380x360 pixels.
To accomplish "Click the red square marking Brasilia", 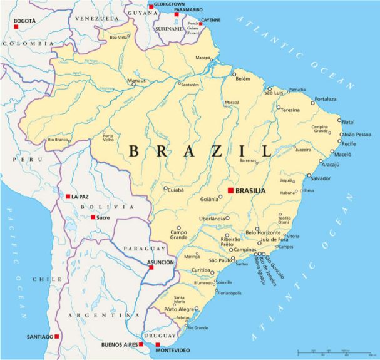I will (x=230, y=190).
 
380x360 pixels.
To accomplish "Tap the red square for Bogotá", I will (x=16, y=27).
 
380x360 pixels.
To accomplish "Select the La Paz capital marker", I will (x=68, y=197).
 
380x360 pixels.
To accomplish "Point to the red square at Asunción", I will (x=151, y=268).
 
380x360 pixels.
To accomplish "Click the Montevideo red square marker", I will (x=158, y=344).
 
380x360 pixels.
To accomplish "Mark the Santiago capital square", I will (x=57, y=337).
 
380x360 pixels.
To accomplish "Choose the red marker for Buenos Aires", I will (x=141, y=344).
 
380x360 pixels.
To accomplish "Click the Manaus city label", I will (x=136, y=80).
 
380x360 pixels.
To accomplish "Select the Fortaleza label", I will (x=325, y=99).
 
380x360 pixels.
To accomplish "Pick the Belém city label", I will (x=243, y=79).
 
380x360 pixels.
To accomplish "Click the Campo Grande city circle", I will (x=178, y=229).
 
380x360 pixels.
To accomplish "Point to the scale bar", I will (x=332, y=352).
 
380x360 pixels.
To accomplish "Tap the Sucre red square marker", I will (x=93, y=217).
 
